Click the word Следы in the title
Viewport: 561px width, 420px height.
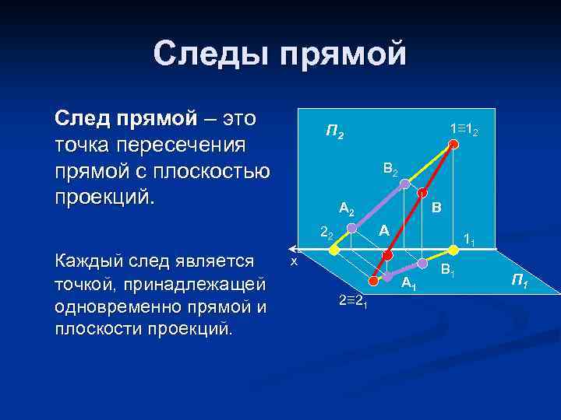[205, 54]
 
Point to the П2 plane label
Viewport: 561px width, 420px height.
[334, 132]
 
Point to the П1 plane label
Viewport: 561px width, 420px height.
[519, 282]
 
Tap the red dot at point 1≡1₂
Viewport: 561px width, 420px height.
[453, 143]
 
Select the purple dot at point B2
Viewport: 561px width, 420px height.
[404, 184]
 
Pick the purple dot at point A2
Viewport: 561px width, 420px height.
[352, 228]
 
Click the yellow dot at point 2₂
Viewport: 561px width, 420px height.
[334, 250]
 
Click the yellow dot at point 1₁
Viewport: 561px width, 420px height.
[451, 250]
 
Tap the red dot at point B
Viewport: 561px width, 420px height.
[422, 193]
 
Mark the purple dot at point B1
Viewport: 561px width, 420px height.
[422, 262]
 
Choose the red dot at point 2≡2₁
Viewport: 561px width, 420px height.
[372, 280]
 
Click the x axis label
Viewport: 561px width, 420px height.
[293, 262]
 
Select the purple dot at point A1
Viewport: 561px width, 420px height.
[387, 275]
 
